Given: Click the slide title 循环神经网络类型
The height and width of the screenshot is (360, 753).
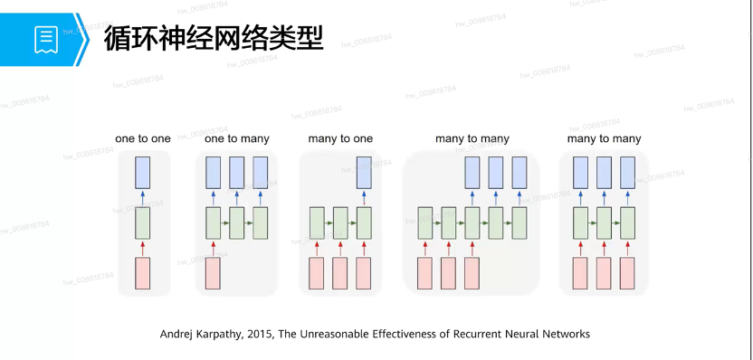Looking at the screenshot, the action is click(x=214, y=39).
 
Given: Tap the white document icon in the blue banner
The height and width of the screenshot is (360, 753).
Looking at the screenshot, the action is click(x=46, y=40).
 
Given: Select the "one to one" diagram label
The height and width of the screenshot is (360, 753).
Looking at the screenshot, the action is click(x=143, y=138).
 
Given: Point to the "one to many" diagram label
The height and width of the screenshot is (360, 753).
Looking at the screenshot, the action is click(x=237, y=138).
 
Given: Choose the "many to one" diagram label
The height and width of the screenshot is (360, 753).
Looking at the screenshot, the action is click(x=340, y=138).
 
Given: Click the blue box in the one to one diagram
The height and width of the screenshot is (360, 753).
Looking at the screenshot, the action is click(x=143, y=173).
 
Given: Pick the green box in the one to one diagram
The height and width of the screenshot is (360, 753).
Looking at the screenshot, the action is click(x=143, y=223).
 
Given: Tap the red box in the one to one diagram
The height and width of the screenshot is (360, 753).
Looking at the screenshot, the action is click(x=143, y=273).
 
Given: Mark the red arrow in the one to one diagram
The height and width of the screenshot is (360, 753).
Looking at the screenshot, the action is click(x=143, y=248).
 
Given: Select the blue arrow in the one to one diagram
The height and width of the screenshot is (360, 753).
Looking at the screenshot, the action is click(x=143, y=198).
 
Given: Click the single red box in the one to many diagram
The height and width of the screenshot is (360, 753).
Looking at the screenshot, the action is click(x=214, y=273).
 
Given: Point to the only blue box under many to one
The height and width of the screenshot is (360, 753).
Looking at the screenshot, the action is click(x=364, y=173).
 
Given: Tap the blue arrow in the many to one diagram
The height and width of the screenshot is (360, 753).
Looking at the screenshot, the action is click(x=364, y=198).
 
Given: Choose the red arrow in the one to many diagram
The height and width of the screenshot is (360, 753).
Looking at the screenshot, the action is click(x=214, y=248).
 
